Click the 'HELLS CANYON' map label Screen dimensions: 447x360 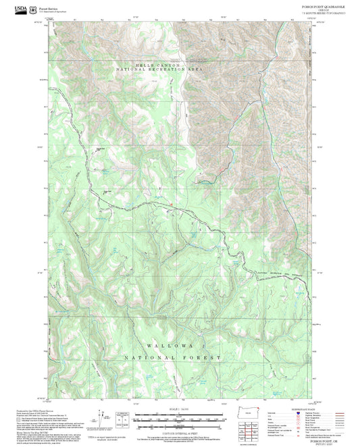click(159, 65)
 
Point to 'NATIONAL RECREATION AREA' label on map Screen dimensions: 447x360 click(159, 70)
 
